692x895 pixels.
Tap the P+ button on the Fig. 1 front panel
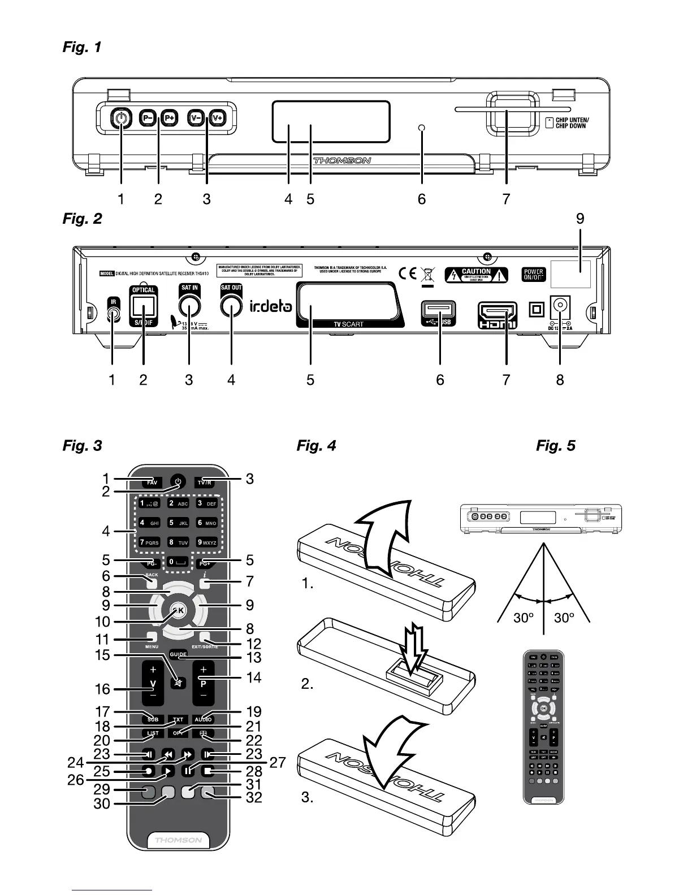pyautogui.click(x=169, y=118)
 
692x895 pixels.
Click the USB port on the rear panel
pyautogui.click(x=439, y=311)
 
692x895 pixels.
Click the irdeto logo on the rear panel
pyautogui.click(x=271, y=306)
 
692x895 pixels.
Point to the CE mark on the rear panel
pyautogui.click(x=408, y=275)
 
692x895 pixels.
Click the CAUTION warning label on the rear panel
pyautogui.click(x=477, y=275)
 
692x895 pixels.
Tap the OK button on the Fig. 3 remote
pyautogui.click(x=178, y=610)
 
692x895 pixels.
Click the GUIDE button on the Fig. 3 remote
pyautogui.click(x=178, y=654)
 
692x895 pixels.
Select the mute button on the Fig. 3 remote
pyautogui.click(x=178, y=684)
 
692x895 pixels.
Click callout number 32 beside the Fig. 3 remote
pyautogui.click(x=254, y=797)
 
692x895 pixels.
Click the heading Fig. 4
pyautogui.click(x=316, y=446)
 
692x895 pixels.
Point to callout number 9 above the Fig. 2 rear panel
pyautogui.click(x=580, y=219)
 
